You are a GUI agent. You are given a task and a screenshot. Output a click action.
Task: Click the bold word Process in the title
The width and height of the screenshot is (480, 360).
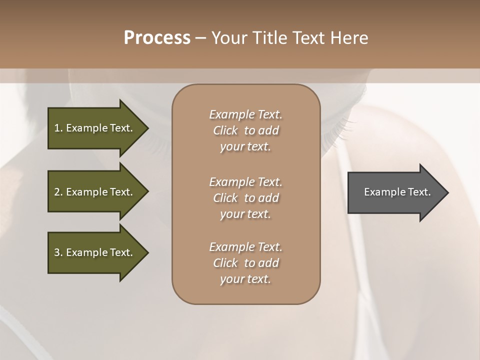coord(157,38)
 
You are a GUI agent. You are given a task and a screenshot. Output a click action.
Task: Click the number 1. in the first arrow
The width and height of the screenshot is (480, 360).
coord(58,128)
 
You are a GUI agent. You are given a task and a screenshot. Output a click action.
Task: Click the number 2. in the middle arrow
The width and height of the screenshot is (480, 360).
coord(58,192)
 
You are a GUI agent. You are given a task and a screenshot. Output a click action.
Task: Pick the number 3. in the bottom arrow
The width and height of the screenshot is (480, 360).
coord(58,252)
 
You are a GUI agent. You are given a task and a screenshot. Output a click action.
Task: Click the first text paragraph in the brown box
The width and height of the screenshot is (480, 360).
coord(246,130)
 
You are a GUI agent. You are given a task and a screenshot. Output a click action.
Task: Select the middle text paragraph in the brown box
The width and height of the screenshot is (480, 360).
coord(246,197)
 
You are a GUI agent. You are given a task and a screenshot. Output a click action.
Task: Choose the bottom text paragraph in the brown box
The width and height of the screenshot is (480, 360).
coord(246,263)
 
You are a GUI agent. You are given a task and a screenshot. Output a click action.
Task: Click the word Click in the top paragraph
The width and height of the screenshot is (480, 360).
coord(225,130)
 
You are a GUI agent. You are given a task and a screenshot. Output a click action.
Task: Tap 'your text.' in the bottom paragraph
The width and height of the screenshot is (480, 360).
coord(245,279)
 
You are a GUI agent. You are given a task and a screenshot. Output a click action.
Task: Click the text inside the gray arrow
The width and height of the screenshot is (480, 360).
coord(397,192)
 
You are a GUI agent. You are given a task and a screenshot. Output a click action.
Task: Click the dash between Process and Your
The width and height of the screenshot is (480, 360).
coord(200,38)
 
